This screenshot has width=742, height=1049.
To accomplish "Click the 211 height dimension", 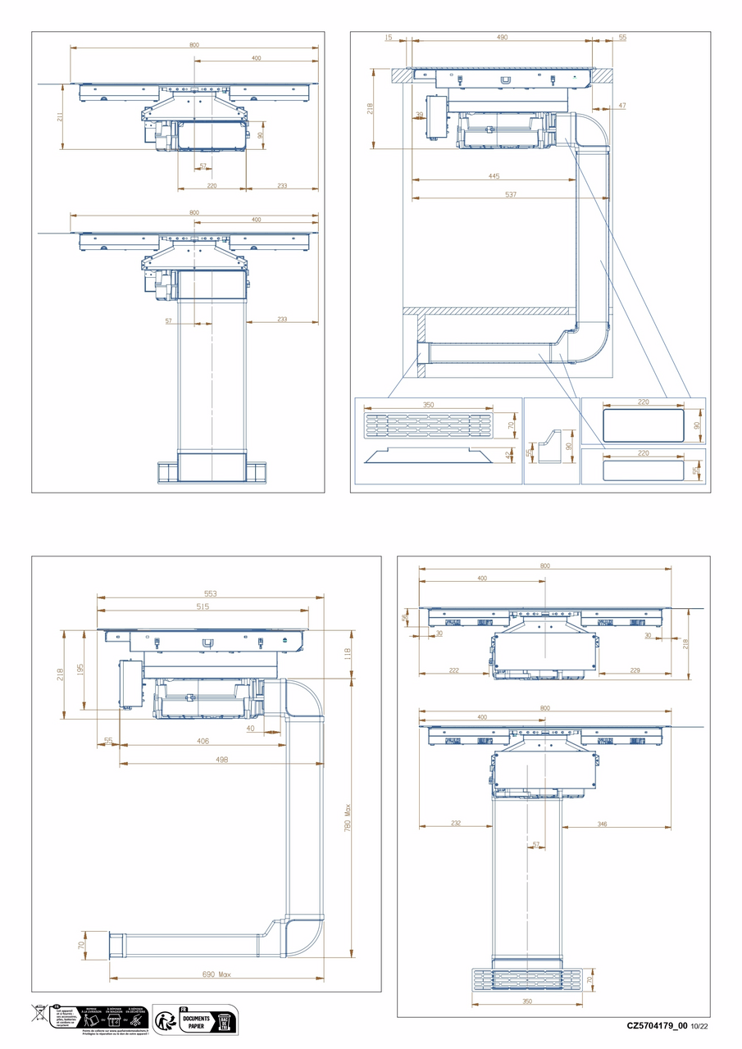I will [60, 116].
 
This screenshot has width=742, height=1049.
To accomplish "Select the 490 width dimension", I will [502, 37].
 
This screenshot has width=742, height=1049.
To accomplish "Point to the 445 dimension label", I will [494, 176].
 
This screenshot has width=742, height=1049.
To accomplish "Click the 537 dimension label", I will [510, 194].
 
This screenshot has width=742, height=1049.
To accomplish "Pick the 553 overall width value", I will [210, 593].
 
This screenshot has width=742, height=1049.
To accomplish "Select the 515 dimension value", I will [203, 606].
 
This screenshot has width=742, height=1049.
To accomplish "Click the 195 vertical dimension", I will [80, 670].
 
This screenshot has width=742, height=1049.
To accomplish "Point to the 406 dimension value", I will [203, 741].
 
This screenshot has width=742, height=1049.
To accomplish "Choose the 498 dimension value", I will [221, 760].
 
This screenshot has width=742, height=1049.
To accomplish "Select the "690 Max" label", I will [216, 974].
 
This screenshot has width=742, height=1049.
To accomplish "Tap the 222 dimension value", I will [454, 670].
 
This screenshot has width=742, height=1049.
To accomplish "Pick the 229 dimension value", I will [634, 670].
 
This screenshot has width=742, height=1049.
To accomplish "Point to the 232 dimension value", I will [455, 824].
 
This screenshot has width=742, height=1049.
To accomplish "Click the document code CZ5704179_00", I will [657, 1025].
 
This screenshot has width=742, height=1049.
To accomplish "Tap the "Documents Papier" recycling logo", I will [196, 1020].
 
